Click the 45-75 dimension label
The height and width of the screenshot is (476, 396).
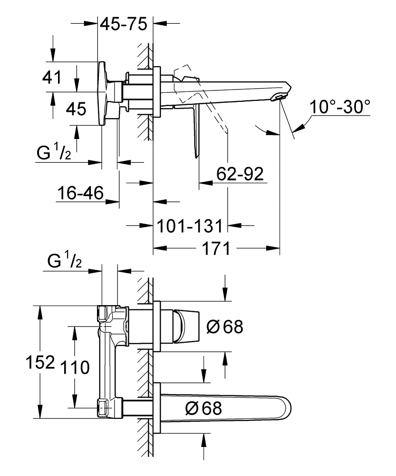tap(124, 24)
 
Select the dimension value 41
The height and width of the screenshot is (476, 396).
tap(52, 77)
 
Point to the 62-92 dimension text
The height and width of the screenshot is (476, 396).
tap(240, 174)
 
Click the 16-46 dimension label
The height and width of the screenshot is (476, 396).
tap(80, 193)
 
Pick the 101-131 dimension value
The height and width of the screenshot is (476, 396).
tap(190, 226)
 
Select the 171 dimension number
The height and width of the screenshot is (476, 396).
tap(216, 248)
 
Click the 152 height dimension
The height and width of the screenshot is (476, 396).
tap(40, 362)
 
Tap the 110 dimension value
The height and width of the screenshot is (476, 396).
tap(75, 367)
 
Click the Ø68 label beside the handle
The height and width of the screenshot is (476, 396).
tap(225, 327)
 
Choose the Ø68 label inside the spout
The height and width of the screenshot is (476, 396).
tap(203, 408)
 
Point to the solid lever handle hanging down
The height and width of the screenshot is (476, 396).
tap(196, 131)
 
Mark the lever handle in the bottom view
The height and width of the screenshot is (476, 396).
tap(186, 327)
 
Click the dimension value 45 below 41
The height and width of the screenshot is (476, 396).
tap(76, 109)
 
